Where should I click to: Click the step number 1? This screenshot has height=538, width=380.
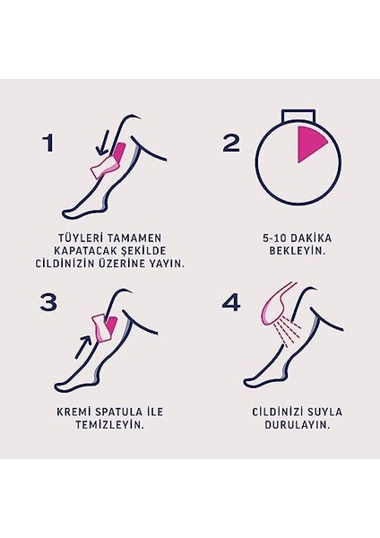(50, 143)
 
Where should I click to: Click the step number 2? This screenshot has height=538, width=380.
(231, 143)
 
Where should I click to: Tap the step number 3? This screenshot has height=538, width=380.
(50, 302)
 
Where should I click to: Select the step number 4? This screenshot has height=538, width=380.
(231, 302)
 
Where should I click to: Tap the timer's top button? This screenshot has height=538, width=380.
(298, 115)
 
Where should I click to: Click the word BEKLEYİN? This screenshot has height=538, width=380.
(298, 251)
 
